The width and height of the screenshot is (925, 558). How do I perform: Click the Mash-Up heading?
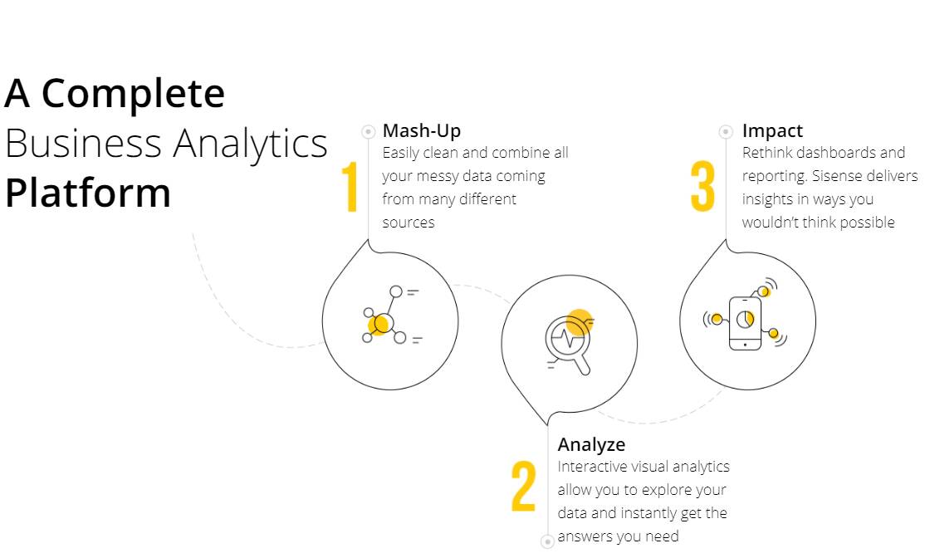[421, 131]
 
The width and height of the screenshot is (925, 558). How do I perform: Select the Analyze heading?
[591, 445]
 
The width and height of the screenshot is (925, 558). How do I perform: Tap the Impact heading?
[772, 131]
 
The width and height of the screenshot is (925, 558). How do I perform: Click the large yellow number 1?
[350, 186]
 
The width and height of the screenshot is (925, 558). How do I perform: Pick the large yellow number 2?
[523, 487]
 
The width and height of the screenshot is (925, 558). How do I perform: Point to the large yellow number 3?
[702, 186]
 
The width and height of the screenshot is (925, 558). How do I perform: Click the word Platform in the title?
[88, 193]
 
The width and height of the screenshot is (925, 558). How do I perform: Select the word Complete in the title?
[133, 93]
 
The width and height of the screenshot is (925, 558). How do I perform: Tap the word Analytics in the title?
[250, 144]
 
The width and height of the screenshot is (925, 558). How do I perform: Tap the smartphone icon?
[745, 323]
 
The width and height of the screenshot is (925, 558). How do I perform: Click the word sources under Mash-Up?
[409, 223]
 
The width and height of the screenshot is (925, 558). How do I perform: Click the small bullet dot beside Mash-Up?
[368, 131]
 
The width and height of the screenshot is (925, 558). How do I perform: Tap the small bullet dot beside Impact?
[726, 131]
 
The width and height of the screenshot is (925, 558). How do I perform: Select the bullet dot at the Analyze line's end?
[547, 541]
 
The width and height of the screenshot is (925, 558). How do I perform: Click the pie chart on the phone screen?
[745, 320]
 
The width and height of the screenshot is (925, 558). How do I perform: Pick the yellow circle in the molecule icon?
[378, 325]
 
